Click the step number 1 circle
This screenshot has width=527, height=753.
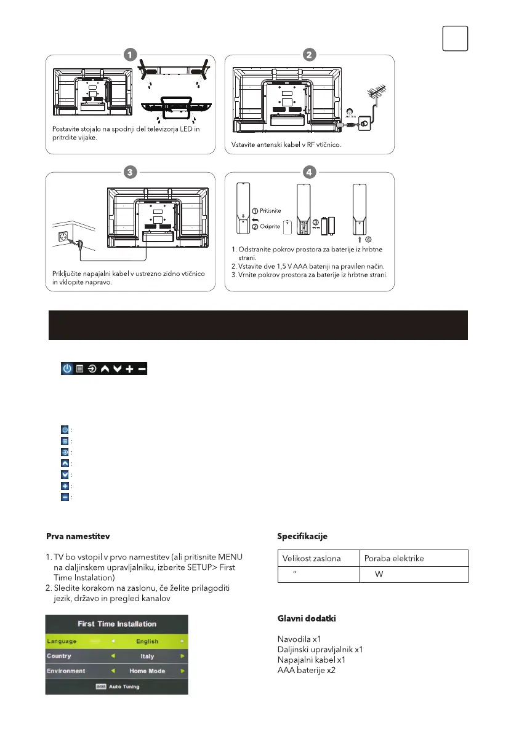[x=129, y=54]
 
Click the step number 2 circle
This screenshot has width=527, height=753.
[x=309, y=54]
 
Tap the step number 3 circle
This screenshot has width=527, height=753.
[x=129, y=172]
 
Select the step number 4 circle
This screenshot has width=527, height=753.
[x=309, y=172]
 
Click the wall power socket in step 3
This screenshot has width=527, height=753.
[x=65, y=236]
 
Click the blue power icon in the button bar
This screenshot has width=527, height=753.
[x=66, y=369]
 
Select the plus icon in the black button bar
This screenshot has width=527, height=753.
[x=129, y=369]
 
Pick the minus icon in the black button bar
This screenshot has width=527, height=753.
[x=142, y=369]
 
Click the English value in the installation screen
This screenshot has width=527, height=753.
[x=147, y=641]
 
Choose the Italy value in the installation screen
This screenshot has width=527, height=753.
[x=147, y=656]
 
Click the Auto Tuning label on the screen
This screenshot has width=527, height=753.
[x=124, y=687]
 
